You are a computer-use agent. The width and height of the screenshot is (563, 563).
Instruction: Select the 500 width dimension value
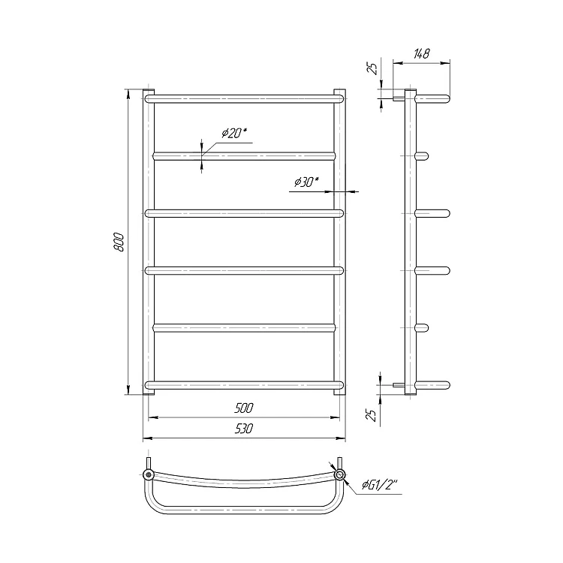coord(244,408)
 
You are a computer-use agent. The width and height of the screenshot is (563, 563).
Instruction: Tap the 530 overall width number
coord(244,429)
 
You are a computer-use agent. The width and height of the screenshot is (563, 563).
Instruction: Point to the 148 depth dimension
coord(422,54)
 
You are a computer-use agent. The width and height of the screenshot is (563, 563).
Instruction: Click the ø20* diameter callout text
coord(234,133)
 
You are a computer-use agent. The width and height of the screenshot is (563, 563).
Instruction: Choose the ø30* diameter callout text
coord(306,182)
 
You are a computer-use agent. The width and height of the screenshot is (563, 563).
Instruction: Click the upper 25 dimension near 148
coord(374,68)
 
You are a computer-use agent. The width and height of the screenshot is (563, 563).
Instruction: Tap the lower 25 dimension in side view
coord(372,414)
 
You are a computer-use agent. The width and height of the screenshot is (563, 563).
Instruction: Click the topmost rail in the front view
coord(245,99)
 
